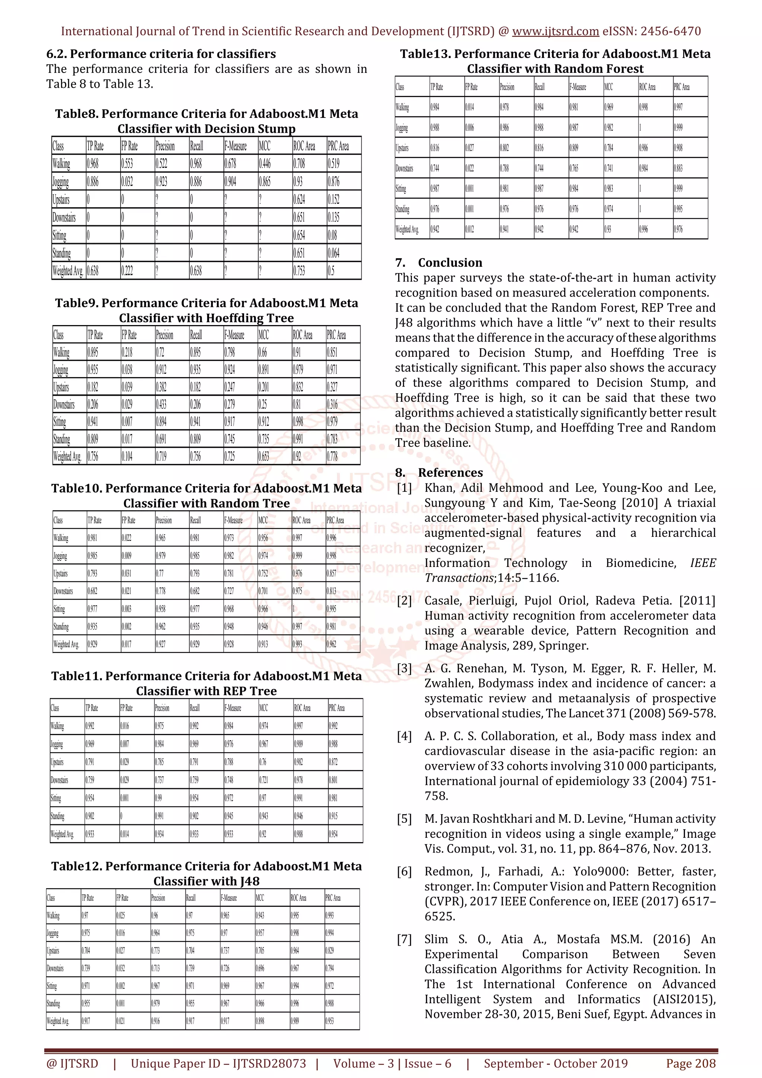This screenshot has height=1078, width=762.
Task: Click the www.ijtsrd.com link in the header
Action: point(555,32)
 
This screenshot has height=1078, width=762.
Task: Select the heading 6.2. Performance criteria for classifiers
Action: point(161,54)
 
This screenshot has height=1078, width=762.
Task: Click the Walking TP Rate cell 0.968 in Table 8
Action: point(93,164)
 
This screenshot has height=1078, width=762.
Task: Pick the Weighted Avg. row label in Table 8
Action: point(68,271)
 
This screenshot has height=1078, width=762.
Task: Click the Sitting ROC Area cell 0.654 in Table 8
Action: point(299,235)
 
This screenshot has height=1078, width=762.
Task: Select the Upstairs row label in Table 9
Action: point(61,387)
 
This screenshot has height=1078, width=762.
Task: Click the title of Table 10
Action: point(206,496)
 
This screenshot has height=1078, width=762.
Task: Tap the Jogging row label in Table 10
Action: point(60,556)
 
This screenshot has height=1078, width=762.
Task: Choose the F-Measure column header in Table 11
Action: point(233,708)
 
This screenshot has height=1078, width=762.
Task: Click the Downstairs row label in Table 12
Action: point(55,968)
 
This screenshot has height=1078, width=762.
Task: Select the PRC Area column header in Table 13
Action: point(681,87)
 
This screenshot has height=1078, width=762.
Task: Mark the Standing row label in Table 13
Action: point(402,209)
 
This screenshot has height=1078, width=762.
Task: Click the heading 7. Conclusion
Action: point(439,263)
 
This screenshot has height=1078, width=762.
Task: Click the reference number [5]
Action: point(404,819)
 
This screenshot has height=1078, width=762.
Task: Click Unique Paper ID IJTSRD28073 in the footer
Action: point(218,1063)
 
